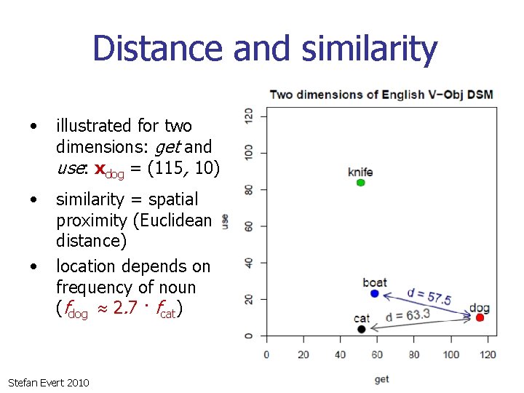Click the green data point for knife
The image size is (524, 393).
point(361,183)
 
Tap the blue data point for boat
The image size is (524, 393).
point(374,294)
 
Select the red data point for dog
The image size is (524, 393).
point(480,318)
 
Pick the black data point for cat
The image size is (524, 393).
point(362,329)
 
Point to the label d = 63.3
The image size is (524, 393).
point(408,316)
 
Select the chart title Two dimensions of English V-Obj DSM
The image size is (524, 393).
point(381,95)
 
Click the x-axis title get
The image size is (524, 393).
point(381,379)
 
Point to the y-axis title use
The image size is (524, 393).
point(225,221)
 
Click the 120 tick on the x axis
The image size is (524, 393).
point(488,354)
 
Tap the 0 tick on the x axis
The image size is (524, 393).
point(266,354)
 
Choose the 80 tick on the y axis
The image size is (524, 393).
point(250,188)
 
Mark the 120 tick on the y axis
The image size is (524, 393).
point(250,115)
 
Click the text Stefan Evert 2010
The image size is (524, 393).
point(48,382)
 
